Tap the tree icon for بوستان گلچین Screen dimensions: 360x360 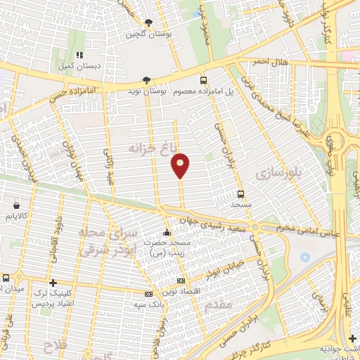tap(148, 22)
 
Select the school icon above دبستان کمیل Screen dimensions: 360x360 tap(79, 54)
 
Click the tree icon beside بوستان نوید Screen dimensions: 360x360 tap(146, 81)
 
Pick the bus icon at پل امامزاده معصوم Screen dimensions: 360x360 tap(204, 81)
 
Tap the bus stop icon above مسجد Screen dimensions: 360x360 tap(241, 194)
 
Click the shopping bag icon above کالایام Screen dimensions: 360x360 tap(15, 206)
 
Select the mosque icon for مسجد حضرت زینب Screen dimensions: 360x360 tap(167, 233)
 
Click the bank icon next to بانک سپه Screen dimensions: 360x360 tap(148, 294)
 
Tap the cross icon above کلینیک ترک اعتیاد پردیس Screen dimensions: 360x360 tap(53, 282)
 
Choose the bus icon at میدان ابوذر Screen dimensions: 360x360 tap(6, 278)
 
